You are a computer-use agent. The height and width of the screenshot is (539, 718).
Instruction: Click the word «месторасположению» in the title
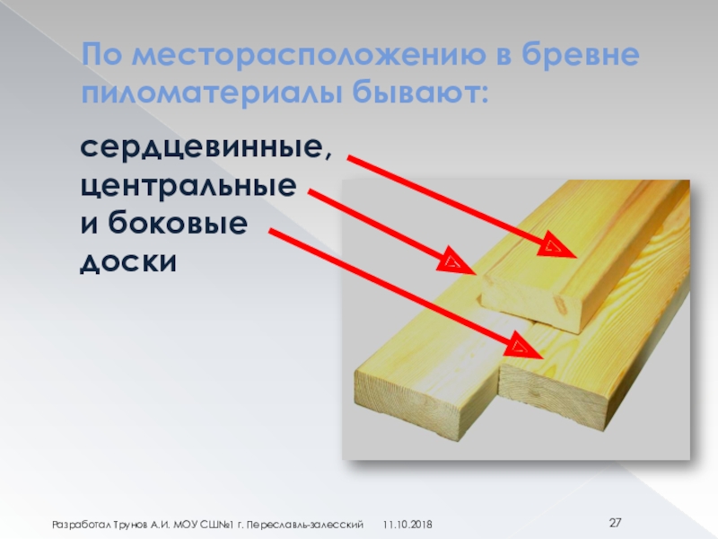coord(309,56)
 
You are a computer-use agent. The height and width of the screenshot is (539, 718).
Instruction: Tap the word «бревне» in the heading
coord(580,55)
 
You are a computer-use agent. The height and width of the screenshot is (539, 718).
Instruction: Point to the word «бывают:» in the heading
coord(420,93)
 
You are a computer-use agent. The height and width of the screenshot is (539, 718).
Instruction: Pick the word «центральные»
coord(188,187)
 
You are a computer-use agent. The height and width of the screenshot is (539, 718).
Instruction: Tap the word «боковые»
coord(178,222)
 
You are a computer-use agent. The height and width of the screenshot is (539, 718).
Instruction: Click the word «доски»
coord(128,262)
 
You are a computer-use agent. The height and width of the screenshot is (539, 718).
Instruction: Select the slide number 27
coord(615,523)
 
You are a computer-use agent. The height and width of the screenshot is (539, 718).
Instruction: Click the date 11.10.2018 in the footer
coord(407,525)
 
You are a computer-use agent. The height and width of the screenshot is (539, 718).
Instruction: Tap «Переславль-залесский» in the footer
coord(304,525)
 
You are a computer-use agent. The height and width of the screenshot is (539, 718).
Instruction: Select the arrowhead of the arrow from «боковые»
coord(523,345)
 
